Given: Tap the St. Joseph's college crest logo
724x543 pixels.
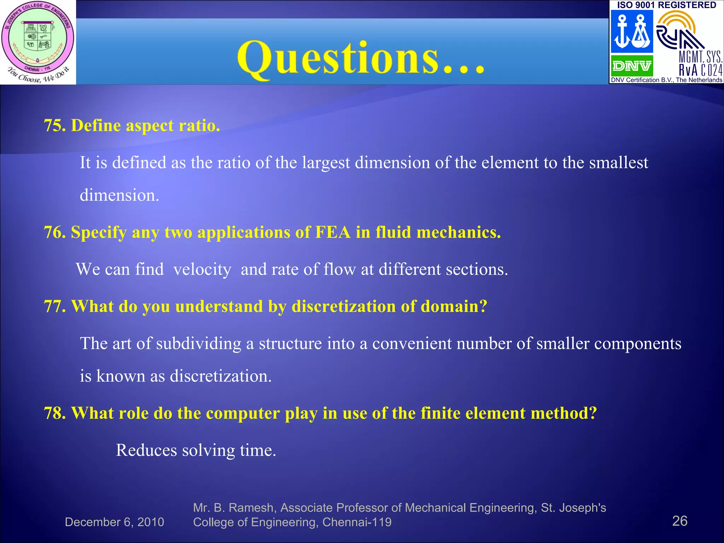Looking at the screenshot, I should click(x=38, y=42).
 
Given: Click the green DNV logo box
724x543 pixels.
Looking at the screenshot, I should click(x=632, y=66).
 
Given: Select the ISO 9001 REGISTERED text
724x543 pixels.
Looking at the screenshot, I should click(x=666, y=5).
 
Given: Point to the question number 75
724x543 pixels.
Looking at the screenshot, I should click(x=54, y=125).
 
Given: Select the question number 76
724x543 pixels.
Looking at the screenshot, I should click(x=54, y=233).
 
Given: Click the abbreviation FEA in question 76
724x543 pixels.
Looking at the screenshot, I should click(x=333, y=233).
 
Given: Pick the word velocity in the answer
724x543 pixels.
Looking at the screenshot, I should click(x=202, y=269).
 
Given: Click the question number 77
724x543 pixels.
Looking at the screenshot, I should click(x=54, y=306).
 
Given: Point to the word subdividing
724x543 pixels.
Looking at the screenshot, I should click(x=198, y=344).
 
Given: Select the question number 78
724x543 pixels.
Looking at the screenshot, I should click(x=54, y=413).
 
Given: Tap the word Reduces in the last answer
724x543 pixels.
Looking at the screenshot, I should click(x=146, y=450).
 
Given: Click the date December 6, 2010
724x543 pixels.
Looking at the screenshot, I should click(x=114, y=522).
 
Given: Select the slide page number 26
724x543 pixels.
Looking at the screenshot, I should click(x=679, y=521).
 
